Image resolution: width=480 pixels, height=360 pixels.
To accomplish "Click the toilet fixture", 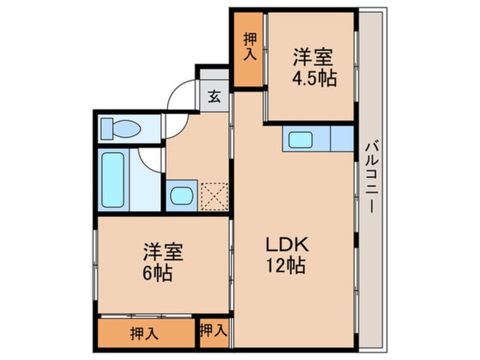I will click(121, 129).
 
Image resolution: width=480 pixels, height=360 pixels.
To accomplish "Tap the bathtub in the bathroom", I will click(113, 180).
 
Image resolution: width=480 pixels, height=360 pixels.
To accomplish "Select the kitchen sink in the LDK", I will click(300, 139).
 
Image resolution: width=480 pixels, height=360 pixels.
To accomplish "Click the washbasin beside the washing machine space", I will click(182, 196).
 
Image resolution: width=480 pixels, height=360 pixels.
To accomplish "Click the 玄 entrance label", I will click(213, 96).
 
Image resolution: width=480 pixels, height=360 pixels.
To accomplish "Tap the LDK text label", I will click(288, 245).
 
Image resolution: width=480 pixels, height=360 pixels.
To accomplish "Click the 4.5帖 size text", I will click(314, 79).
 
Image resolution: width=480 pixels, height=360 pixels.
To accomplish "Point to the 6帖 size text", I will click(158, 273).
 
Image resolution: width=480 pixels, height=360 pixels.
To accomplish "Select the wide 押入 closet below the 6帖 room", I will click(145, 333).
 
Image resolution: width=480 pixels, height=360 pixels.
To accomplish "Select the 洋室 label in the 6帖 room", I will click(163, 252).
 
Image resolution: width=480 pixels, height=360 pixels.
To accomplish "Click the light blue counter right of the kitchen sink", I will click(342, 139).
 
